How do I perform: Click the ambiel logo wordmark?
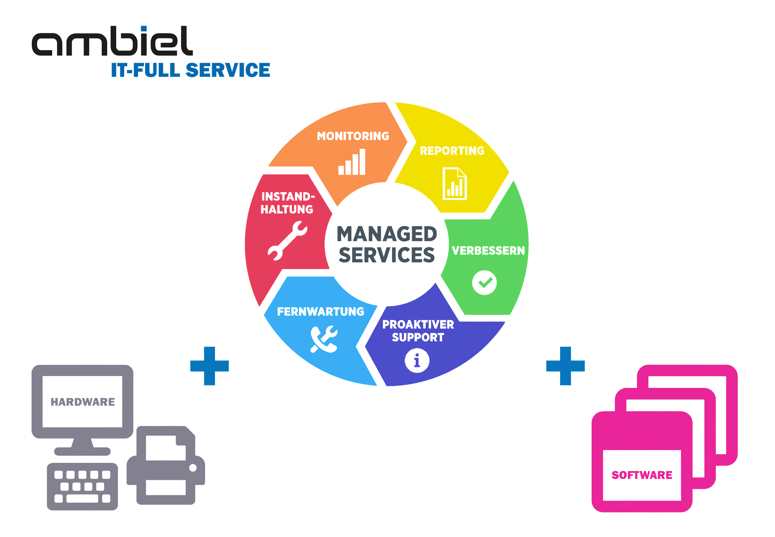[x=112, y=42]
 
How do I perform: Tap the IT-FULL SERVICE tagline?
[x=190, y=70]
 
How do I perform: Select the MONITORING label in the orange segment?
[x=353, y=136]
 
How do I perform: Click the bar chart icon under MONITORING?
[x=352, y=162]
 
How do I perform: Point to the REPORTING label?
[x=452, y=151]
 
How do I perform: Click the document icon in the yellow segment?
[x=454, y=184]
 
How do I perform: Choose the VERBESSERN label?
[x=488, y=251]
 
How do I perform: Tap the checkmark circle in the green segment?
[x=484, y=283]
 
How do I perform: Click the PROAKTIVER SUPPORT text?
[x=418, y=331]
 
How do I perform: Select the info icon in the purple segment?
[x=417, y=360]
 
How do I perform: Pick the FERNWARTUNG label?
[x=321, y=312]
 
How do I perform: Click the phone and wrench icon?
[x=324, y=339]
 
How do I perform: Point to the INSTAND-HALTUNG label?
[x=288, y=203]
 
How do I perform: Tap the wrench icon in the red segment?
[x=287, y=241]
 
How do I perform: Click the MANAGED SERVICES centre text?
[x=387, y=244]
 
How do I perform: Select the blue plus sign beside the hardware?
[x=209, y=366]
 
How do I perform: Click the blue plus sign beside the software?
[x=565, y=366]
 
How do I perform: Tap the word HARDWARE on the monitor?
[x=83, y=402]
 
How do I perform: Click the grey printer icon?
[x=166, y=466]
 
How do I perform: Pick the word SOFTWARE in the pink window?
[x=642, y=475]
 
